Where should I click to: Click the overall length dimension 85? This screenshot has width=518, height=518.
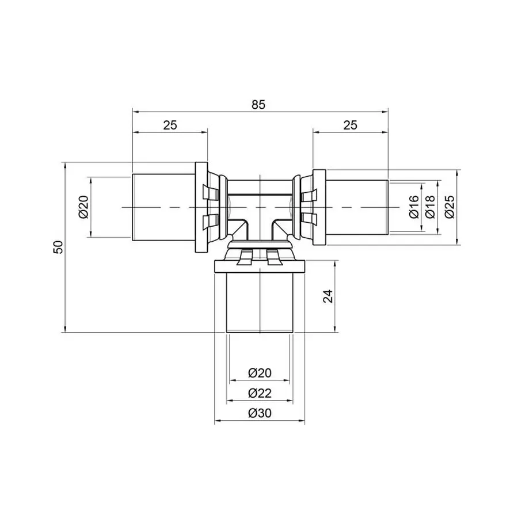tap(258, 104)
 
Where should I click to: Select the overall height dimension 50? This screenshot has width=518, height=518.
tap(58, 247)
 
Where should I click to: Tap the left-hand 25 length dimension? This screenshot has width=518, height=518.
tap(169, 125)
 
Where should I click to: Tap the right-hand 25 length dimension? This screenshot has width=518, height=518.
tap(350, 125)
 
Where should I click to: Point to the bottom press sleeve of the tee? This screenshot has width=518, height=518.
tap(260, 302)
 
